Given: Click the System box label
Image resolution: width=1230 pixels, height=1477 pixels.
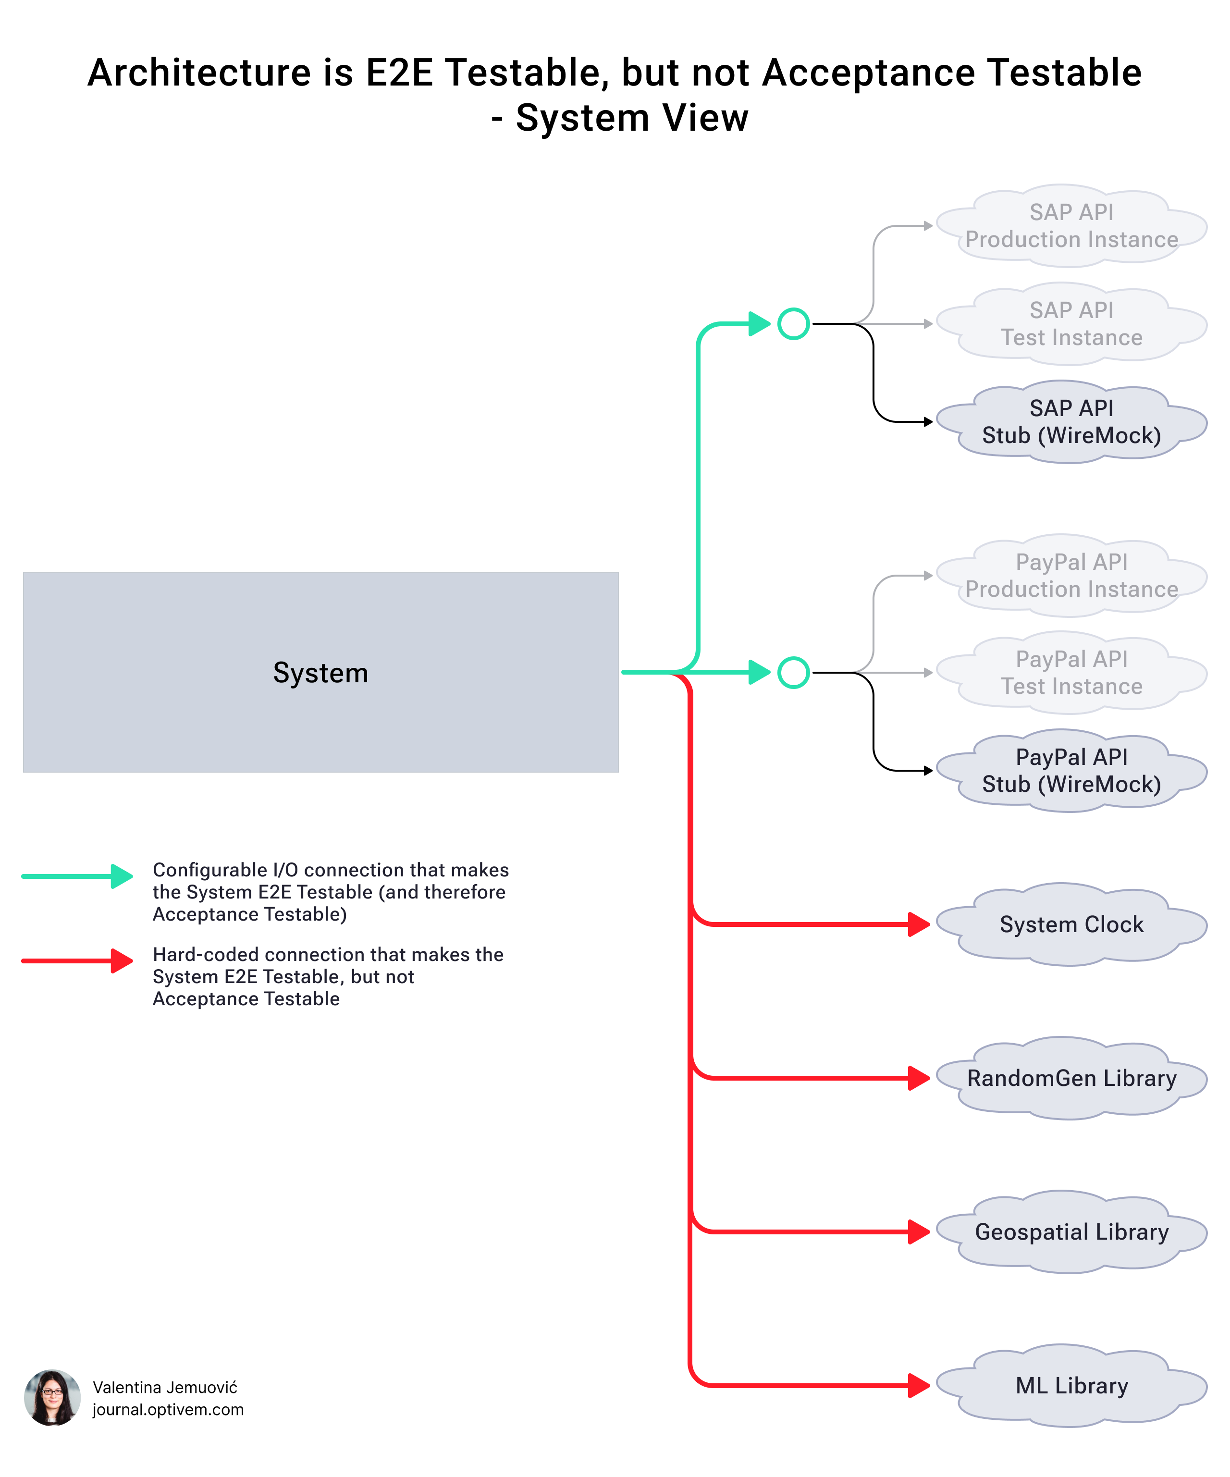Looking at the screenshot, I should [320, 673].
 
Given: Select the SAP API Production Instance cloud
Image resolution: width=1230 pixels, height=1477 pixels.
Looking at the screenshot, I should [1071, 226].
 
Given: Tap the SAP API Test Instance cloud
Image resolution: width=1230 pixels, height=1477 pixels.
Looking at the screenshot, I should [1071, 323].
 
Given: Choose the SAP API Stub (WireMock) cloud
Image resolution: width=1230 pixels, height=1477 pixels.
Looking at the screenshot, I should [1071, 421].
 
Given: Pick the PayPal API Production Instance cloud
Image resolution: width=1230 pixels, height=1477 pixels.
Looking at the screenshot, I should [1071, 575].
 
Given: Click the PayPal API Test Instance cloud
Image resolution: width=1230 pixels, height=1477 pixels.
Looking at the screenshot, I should [1071, 672].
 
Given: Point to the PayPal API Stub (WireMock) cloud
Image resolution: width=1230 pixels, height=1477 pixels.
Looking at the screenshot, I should [1071, 770].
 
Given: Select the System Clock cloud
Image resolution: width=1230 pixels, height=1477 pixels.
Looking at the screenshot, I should [1071, 924].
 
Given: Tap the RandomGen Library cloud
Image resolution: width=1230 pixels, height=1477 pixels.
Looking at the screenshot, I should [1071, 1078].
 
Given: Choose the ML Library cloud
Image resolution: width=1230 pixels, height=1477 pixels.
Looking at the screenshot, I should [1071, 1386].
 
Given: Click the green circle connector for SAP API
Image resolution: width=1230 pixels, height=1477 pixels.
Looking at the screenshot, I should [793, 324].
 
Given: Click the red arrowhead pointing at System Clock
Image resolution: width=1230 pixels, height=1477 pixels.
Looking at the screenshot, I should [919, 924].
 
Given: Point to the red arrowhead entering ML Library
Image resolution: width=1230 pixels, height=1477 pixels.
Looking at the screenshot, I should [919, 1386].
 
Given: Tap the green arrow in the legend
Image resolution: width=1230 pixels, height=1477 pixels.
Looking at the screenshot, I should [77, 876].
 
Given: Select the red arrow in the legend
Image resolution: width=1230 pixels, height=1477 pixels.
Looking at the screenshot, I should [77, 961].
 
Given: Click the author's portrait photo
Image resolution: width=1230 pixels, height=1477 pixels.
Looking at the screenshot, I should [52, 1398].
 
